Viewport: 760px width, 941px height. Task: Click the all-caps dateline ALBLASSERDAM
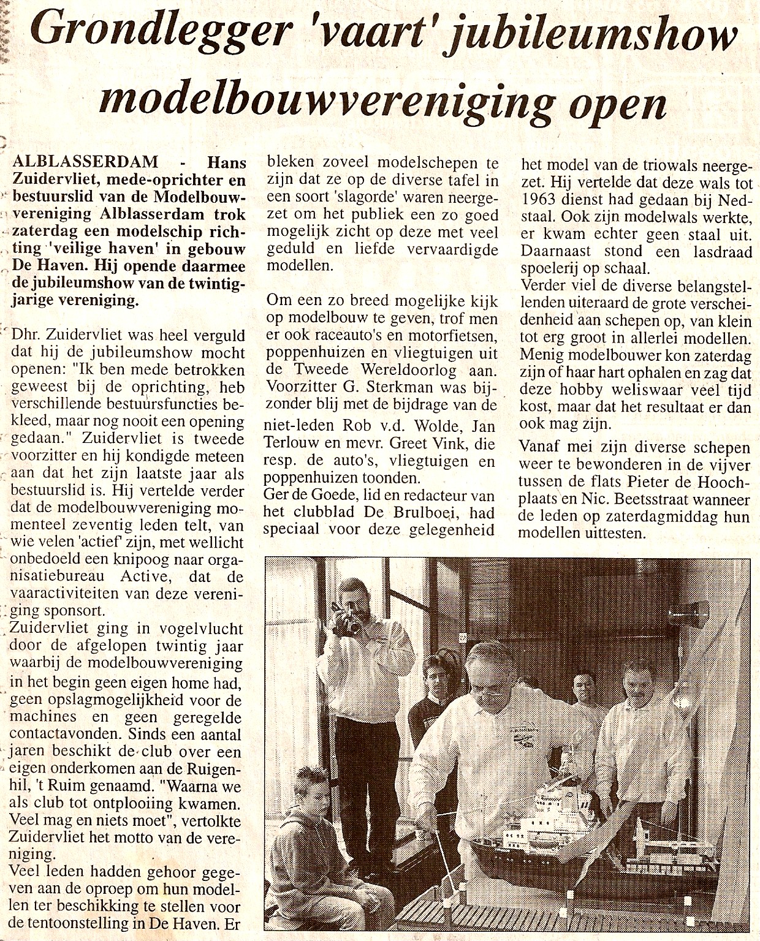(85, 162)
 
